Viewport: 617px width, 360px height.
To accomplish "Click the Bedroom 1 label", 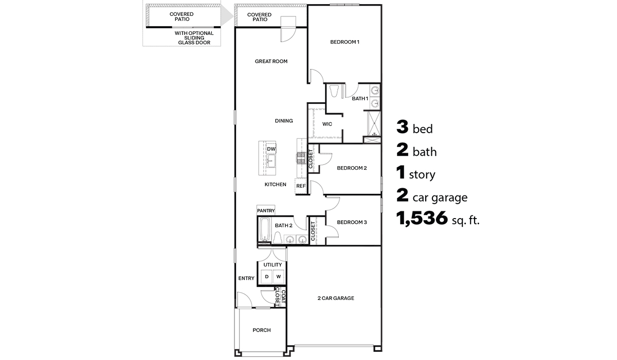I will point(344,42).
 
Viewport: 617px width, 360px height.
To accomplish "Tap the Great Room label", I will point(271,61).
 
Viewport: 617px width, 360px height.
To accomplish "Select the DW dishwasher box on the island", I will point(271,149).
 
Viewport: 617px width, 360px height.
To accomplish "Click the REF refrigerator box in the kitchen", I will point(301,186).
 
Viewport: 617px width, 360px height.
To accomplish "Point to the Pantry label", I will point(266,210).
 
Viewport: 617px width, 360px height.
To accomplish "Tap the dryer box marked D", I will point(266,277).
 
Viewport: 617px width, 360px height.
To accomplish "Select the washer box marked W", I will point(279,277).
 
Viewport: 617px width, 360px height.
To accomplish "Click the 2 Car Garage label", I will point(336,298).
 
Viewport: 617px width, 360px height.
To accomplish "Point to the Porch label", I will point(261,330).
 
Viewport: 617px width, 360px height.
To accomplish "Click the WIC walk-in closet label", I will point(327,124).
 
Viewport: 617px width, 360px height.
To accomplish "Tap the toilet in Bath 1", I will point(334,92).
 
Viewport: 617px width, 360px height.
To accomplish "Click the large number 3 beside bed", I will point(402,127).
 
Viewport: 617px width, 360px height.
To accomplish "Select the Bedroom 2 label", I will point(352,168).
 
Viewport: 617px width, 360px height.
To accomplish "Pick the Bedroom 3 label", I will point(352,222).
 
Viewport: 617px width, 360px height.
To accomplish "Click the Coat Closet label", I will point(280,297).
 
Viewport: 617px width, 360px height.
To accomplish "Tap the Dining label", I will point(283,121).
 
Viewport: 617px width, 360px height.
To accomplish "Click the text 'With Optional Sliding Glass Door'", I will point(193,38).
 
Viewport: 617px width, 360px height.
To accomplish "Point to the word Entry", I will point(246,278).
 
